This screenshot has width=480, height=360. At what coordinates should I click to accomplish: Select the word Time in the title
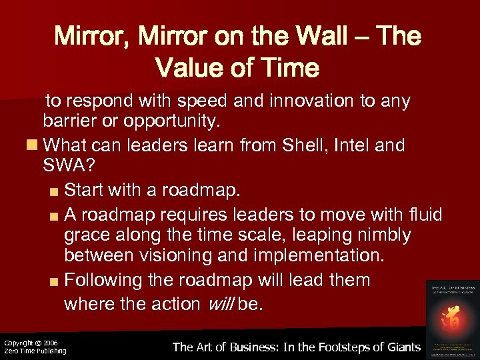[x=290, y=67]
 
